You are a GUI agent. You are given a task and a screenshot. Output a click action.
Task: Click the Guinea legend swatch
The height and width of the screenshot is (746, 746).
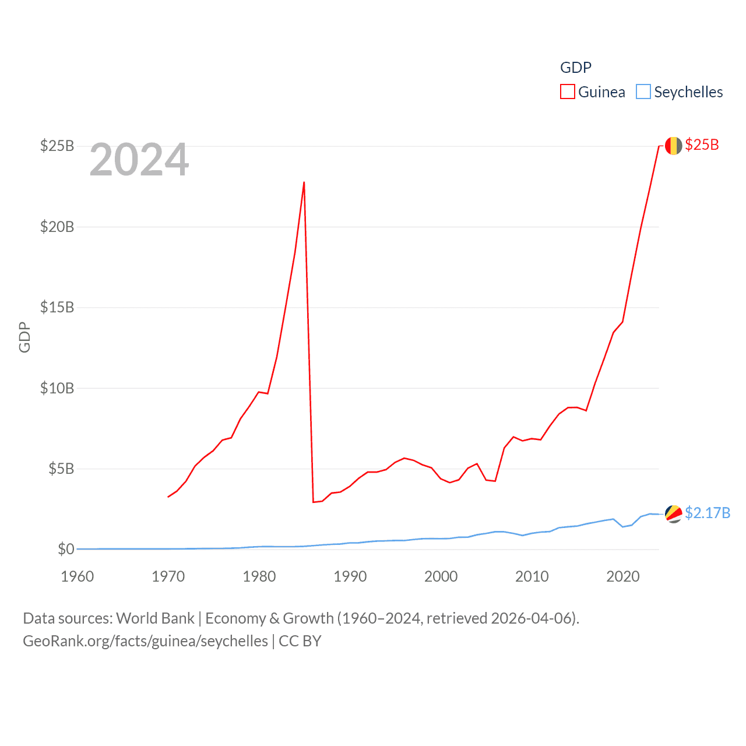pyautogui.click(x=568, y=92)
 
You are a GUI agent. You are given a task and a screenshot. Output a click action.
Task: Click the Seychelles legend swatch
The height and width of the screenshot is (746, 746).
pyautogui.click(x=643, y=92)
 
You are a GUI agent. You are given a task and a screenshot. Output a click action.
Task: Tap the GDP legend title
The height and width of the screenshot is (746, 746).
pyautogui.click(x=576, y=68)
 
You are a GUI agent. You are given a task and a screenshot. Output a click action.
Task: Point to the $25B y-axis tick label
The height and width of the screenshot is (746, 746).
pyautogui.click(x=57, y=146)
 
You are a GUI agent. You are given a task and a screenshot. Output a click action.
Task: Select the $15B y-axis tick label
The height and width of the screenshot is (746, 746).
pyautogui.click(x=57, y=307)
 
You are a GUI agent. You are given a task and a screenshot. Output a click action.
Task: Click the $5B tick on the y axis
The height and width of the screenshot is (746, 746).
pyautogui.click(x=61, y=469)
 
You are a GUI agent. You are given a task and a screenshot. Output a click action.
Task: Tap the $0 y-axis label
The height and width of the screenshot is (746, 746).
pyautogui.click(x=66, y=549)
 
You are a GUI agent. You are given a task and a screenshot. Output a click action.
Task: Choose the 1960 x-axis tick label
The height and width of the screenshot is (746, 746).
pyautogui.click(x=78, y=576)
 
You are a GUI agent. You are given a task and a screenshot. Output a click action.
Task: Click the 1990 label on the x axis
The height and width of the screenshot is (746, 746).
pyautogui.click(x=350, y=576)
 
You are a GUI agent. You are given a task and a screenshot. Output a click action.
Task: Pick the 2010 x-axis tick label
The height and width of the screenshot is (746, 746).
pyautogui.click(x=532, y=576)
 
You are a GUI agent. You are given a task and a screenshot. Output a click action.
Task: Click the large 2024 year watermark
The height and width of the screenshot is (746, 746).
pyautogui.click(x=139, y=159)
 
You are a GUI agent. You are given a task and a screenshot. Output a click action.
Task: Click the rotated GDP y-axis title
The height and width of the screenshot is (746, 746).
pyautogui.click(x=24, y=337)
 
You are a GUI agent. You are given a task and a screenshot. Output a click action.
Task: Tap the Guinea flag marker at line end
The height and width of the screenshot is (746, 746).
pyautogui.click(x=673, y=146)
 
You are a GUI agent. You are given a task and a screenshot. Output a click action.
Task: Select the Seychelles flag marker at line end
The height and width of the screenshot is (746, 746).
pyautogui.click(x=673, y=514)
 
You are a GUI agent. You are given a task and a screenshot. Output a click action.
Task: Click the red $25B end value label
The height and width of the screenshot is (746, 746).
pyautogui.click(x=702, y=145)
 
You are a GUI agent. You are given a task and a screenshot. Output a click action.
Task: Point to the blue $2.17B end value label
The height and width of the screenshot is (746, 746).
pyautogui.click(x=708, y=513)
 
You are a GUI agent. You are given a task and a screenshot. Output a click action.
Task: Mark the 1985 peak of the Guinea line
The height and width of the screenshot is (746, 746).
pyautogui.click(x=304, y=182)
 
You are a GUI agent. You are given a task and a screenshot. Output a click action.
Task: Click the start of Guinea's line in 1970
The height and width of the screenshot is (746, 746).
pyautogui.click(x=168, y=497)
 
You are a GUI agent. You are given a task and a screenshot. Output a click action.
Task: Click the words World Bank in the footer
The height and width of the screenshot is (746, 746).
pyautogui.click(x=156, y=618)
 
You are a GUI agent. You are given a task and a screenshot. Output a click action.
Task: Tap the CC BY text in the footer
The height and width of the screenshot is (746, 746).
pyautogui.click(x=300, y=641)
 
